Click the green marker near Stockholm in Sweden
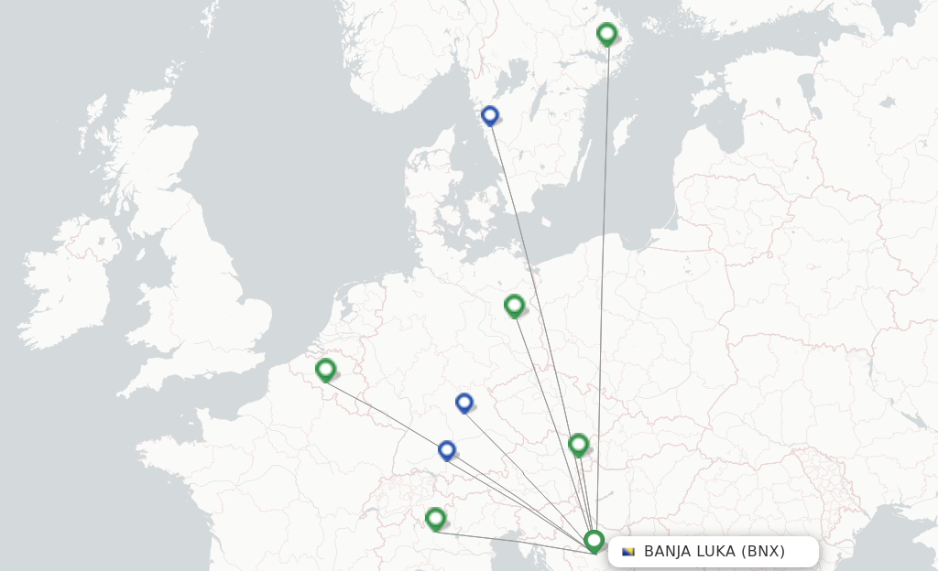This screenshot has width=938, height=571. [606, 34]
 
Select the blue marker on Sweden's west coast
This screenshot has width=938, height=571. [490, 115]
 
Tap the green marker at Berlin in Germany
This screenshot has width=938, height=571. [514, 305]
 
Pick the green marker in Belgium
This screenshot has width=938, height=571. [325, 370]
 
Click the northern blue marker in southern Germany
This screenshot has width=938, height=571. [464, 403]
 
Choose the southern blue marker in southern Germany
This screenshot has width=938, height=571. [447, 450]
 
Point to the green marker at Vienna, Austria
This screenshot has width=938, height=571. [578, 445]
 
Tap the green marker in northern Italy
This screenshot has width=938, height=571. [436, 519]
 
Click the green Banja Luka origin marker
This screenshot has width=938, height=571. [594, 541]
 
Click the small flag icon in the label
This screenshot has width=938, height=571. [628, 552]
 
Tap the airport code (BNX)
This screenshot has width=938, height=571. [763, 552]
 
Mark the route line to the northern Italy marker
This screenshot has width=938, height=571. [513, 541]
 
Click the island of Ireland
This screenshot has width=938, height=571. [69, 284]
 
